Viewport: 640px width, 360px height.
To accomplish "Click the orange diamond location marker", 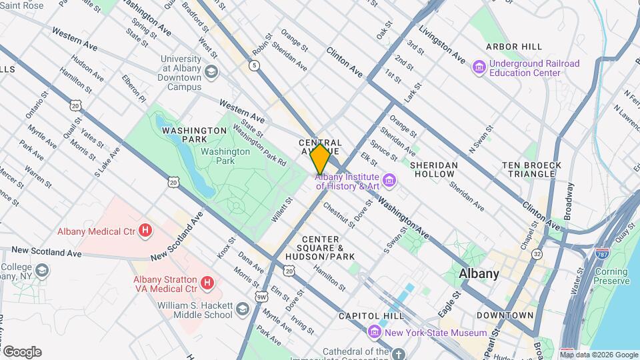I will click(x=320, y=159).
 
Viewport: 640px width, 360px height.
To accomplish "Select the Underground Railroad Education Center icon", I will click(x=478, y=67).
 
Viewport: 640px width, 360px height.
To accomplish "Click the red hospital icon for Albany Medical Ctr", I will click(x=145, y=231).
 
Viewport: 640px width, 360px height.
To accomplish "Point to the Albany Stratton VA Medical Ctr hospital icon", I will click(x=207, y=284).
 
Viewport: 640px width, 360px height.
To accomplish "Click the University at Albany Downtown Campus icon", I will click(x=211, y=72).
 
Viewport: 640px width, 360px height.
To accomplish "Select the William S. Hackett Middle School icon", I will click(x=242, y=309).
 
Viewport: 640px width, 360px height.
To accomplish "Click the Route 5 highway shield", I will click(x=254, y=65).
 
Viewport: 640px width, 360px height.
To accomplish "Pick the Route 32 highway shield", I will click(x=537, y=254).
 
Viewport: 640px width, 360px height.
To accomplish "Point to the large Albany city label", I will click(x=479, y=273).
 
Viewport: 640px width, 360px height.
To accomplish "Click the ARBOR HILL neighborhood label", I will click(x=513, y=47).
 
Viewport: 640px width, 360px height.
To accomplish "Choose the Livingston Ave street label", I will click(x=441, y=46).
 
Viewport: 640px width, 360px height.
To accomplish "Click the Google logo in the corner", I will click(x=22, y=352).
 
